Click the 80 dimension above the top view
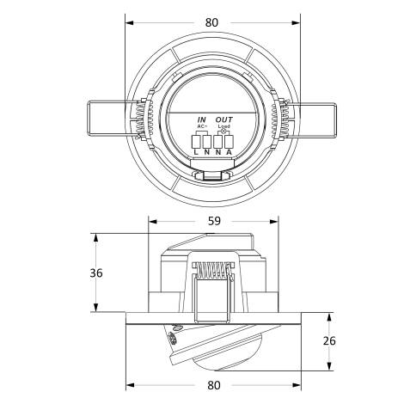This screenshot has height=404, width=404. click(x=211, y=21)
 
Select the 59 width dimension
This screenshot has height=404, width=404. click(x=213, y=222)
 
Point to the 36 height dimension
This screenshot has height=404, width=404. click(x=97, y=273)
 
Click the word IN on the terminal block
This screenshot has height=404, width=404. click(x=201, y=119)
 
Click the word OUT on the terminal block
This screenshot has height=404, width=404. click(x=223, y=119)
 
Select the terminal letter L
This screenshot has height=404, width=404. click(x=196, y=153)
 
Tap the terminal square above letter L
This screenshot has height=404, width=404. click(x=196, y=140)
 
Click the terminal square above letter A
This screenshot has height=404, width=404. click(x=229, y=140)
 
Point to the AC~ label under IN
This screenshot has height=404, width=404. click(x=201, y=127)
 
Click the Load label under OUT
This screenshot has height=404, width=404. click(x=223, y=127)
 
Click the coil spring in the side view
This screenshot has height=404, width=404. click(x=208, y=274)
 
